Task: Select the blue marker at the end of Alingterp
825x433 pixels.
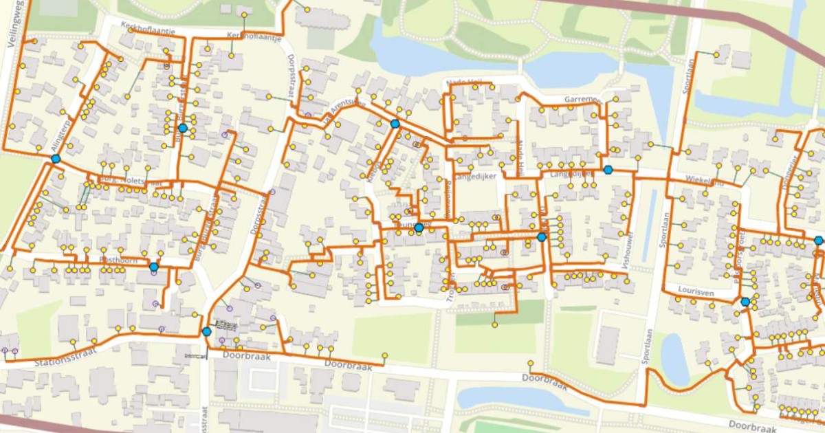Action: (55, 159)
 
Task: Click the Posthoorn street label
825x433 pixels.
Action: (118, 260)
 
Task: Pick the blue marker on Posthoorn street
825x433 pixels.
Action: (154, 267)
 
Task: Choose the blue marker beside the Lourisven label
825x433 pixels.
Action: (745, 302)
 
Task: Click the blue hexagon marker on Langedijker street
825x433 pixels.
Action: (608, 170)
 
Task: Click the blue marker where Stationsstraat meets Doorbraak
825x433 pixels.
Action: (207, 332)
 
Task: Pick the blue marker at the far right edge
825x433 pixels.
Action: (817, 241)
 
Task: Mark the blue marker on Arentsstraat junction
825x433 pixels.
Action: (395, 124)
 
